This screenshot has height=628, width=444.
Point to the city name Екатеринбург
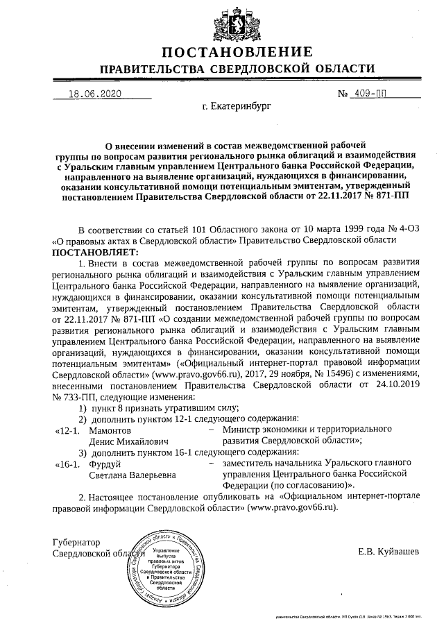click(238, 108)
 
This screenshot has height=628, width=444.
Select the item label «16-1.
click(68, 464)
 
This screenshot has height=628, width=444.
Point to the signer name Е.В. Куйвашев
click(388, 552)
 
